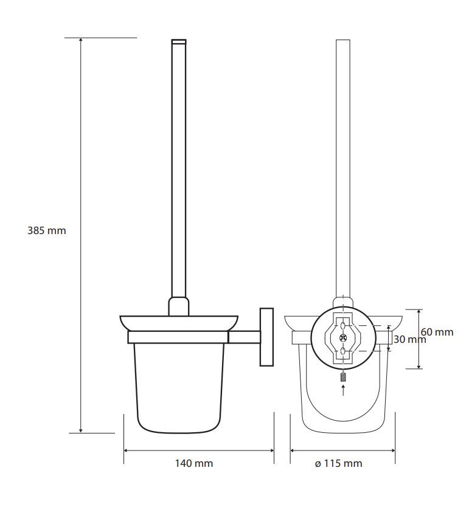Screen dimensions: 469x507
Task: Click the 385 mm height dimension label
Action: pyautogui.click(x=47, y=230)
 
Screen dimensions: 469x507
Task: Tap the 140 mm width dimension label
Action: pyautogui.click(x=194, y=463)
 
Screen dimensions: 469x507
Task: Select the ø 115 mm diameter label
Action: pyautogui.click(x=338, y=463)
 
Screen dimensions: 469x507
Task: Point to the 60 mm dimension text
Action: pyautogui.click(x=437, y=332)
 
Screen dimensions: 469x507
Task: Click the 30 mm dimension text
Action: pyautogui.click(x=410, y=339)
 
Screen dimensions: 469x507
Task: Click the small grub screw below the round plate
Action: pyautogui.click(x=343, y=377)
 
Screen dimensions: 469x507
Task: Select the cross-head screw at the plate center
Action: pyautogui.click(x=343, y=338)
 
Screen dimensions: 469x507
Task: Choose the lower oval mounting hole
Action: pyautogui.click(x=343, y=351)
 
